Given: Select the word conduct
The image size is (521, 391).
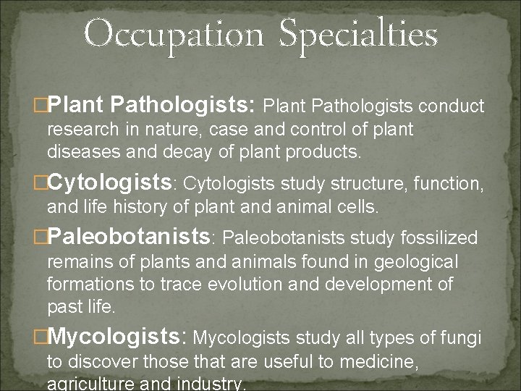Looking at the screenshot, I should (x=452, y=107).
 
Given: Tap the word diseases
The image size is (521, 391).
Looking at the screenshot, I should (x=77, y=152).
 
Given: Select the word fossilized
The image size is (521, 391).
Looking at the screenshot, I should (x=441, y=237).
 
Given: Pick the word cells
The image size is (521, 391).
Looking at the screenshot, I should (x=357, y=209).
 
